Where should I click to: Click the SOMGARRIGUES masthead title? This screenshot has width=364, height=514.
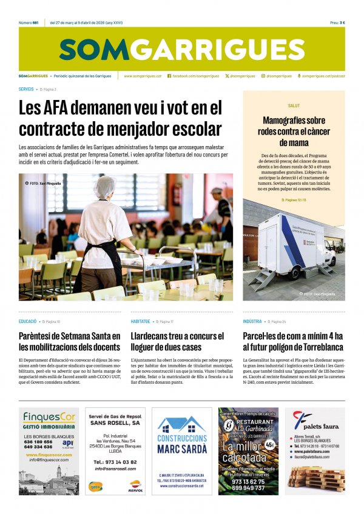pos(181,49)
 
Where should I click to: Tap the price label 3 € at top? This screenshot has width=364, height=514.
pos(342,22)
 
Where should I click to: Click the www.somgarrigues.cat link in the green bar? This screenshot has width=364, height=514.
pos(143,76)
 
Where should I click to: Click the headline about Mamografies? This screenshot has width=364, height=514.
pos(294,131)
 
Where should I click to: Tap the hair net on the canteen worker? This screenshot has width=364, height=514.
pos(104,185)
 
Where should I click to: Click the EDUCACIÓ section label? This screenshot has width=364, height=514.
pos(27,321)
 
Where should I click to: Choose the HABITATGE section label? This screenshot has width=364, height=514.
pos(140,321)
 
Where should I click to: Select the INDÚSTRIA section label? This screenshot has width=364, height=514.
pos(252,321)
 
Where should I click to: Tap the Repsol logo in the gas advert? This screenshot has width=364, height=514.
pos(135,485)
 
